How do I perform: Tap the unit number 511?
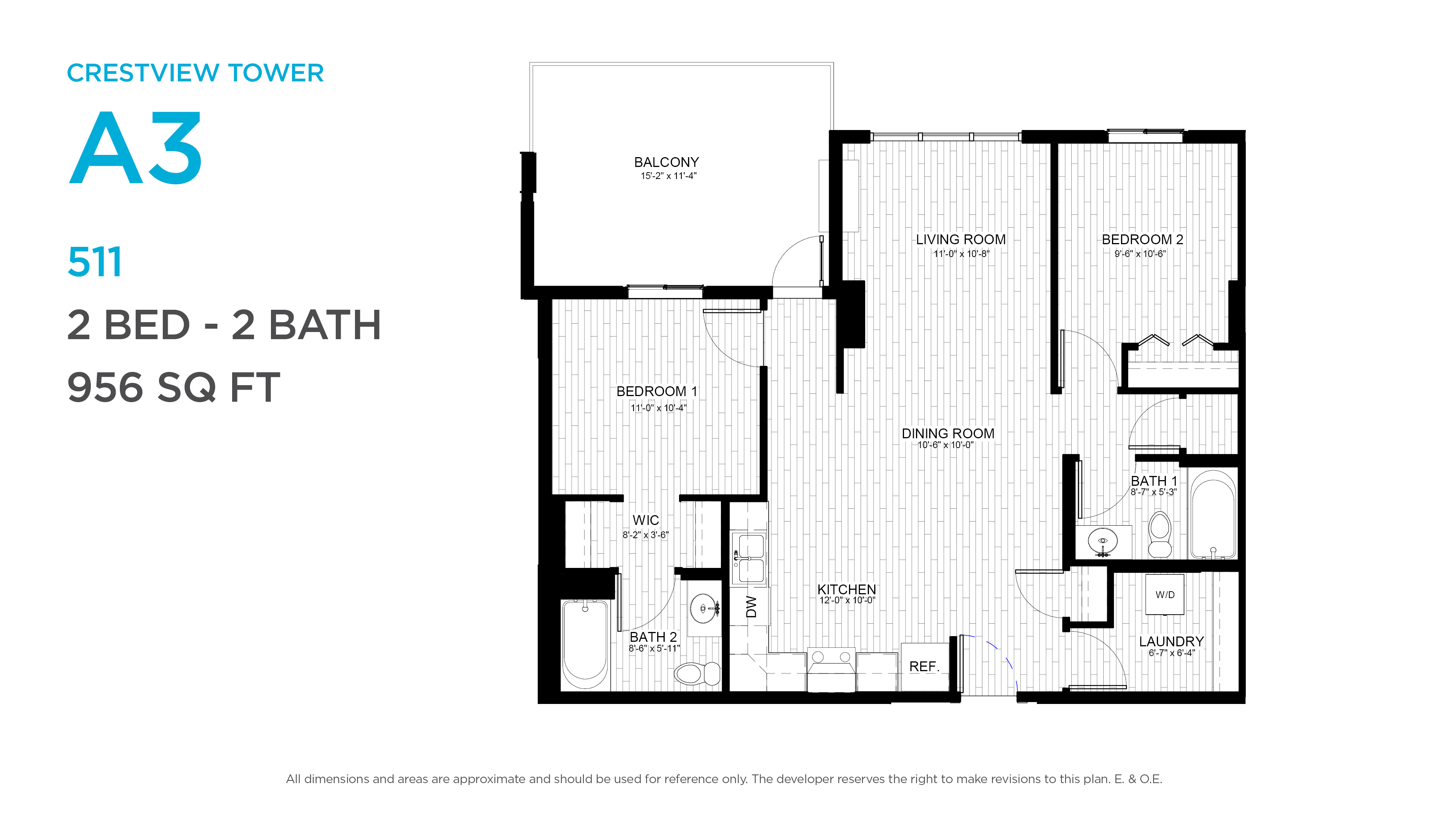click(x=94, y=262)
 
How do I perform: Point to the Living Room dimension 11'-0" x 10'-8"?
click(x=961, y=254)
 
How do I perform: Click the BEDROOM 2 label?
click(x=1142, y=239)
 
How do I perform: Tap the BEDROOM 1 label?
click(x=657, y=391)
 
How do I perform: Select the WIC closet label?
click(x=645, y=520)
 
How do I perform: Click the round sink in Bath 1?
click(x=1103, y=542)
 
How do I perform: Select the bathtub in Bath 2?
click(x=585, y=644)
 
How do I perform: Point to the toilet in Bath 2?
click(x=697, y=673)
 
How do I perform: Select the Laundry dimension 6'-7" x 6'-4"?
click(x=1171, y=653)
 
